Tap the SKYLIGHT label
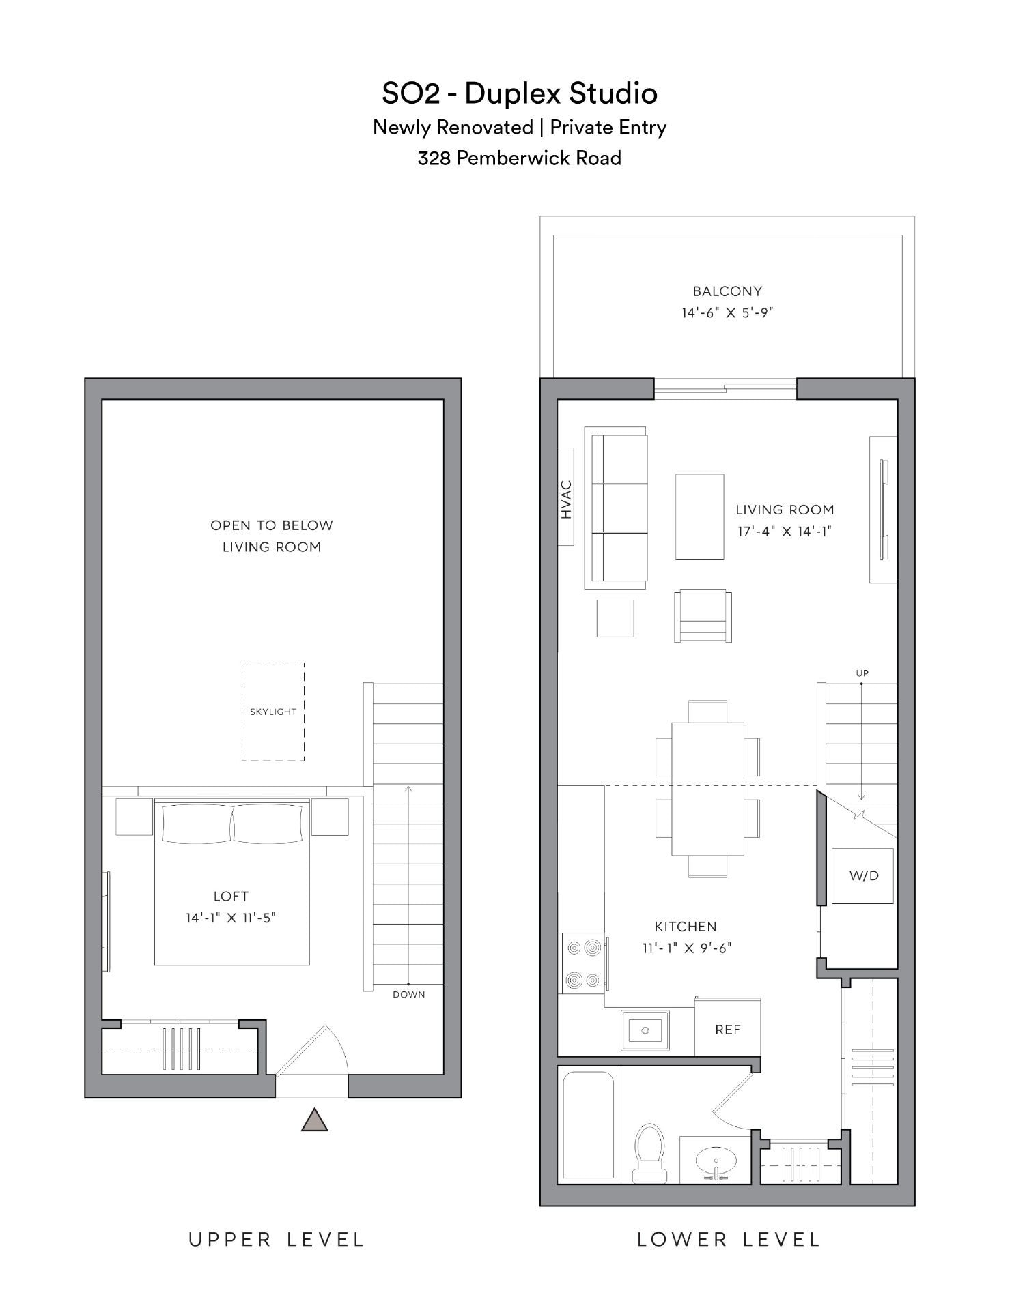[273, 712]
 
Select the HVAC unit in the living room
[566, 496]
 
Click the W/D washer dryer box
[863, 876]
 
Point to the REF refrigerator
[728, 1030]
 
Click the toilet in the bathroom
[649, 1152]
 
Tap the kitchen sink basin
[645, 1030]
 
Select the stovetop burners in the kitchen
[584, 964]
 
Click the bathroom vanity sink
[716, 1161]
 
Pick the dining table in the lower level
[707, 788]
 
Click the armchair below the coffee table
[703, 616]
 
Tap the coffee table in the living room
[699, 517]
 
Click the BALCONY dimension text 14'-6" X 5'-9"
[727, 313]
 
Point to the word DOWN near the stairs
[409, 995]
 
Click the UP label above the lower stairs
[862, 673]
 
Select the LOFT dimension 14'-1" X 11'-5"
[231, 918]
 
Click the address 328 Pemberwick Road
[519, 158]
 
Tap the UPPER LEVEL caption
[277, 1240]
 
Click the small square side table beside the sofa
[615, 618]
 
